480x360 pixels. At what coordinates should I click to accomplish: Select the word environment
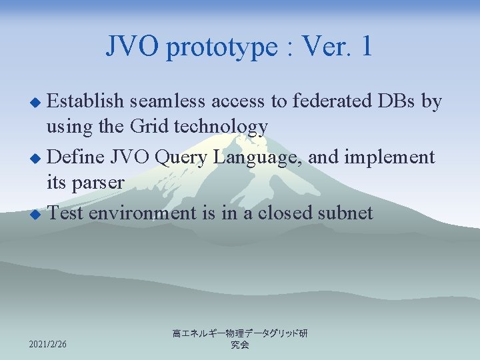pyautogui.click(x=141, y=213)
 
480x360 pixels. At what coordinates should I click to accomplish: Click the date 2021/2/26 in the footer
pyautogui.click(x=49, y=344)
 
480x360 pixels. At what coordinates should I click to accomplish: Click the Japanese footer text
pyautogui.click(x=239, y=339)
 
